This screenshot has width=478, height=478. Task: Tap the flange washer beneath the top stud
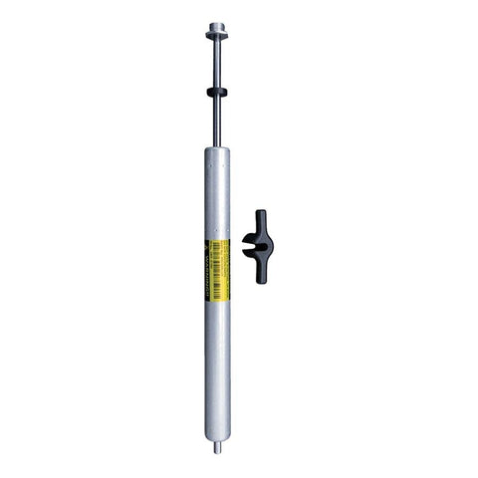(216, 38)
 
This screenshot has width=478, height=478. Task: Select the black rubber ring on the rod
(216, 91)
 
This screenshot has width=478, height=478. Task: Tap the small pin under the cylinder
(216, 447)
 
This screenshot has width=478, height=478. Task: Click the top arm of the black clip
(261, 219)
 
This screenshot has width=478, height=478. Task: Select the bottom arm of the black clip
(261, 273)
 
